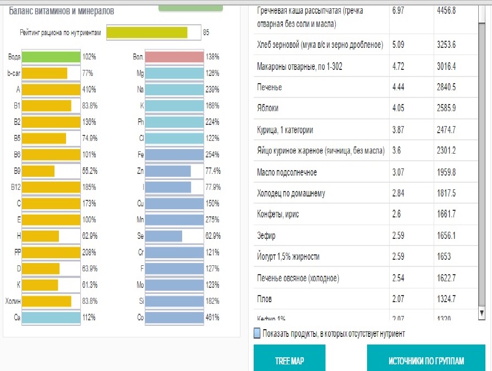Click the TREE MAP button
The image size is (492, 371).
pyautogui.click(x=289, y=361)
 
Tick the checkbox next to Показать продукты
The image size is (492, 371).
pyautogui.click(x=257, y=334)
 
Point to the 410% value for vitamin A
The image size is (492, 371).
pyautogui.click(x=89, y=89)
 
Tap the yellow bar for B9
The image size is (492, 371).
pyautogui.click(x=38, y=171)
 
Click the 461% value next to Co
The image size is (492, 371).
pyautogui.click(x=212, y=318)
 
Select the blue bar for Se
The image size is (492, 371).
pyautogui.click(x=163, y=236)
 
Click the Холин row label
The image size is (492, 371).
pyautogui.click(x=13, y=301)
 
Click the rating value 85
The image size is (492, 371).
pyautogui.click(x=206, y=33)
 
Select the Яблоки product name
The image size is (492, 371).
pyautogui.click(x=267, y=108)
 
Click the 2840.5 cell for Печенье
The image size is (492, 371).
pyautogui.click(x=446, y=88)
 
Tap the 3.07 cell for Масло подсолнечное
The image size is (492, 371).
pyautogui.click(x=398, y=173)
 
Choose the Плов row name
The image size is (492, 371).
pyautogui.click(x=264, y=299)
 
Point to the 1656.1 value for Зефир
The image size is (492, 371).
pyautogui.click(x=446, y=236)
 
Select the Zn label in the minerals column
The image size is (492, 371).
pyautogui.click(x=140, y=171)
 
